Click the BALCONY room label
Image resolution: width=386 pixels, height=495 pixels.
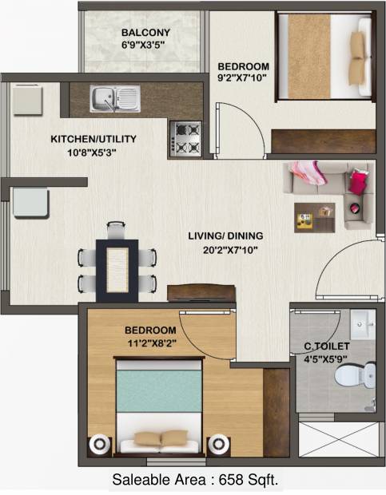(x=145, y=33)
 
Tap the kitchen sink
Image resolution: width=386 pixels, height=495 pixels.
(x=115, y=98)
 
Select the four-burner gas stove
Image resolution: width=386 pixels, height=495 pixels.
(x=185, y=139)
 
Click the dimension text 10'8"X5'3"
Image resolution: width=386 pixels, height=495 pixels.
(x=92, y=152)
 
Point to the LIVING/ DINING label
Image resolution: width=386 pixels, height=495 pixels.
(x=225, y=236)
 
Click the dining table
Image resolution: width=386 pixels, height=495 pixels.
(x=117, y=270)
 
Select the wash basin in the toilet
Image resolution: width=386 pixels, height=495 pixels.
(x=363, y=324)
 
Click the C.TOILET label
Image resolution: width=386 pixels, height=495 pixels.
(x=326, y=346)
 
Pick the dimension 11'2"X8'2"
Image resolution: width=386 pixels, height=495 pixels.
(x=152, y=343)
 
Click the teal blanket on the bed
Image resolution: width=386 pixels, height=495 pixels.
(x=159, y=391)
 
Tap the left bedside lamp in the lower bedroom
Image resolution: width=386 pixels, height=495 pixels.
(x=100, y=444)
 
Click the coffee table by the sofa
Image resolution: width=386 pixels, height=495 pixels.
(x=314, y=218)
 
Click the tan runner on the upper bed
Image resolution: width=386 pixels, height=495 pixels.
(x=309, y=56)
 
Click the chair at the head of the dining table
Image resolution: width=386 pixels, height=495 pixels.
(x=116, y=230)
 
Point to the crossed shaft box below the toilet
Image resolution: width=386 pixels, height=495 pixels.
(x=338, y=439)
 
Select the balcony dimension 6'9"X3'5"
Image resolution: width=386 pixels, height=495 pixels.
(x=143, y=45)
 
